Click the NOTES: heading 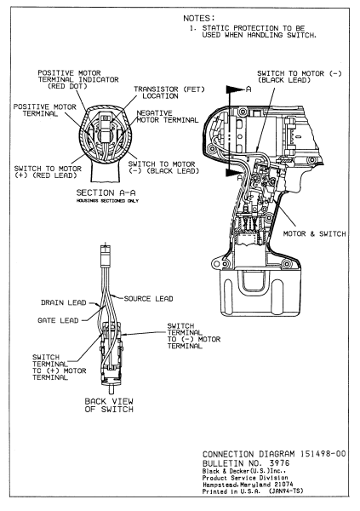click(x=199, y=18)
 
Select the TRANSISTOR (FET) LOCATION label click(x=169, y=93)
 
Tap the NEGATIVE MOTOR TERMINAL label click(x=167, y=117)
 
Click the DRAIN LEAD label click(x=64, y=302)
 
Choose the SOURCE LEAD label click(x=148, y=299)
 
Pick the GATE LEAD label click(x=58, y=321)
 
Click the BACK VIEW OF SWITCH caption click(x=109, y=405)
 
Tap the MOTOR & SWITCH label click(x=314, y=233)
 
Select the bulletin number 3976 click(x=279, y=463)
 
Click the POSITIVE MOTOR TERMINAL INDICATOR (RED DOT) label click(x=78, y=79)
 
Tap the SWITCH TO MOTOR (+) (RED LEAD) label click(x=48, y=172)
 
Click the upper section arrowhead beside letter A click(x=234, y=89)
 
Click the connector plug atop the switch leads click(x=105, y=253)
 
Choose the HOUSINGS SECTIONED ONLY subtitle click(x=107, y=201)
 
